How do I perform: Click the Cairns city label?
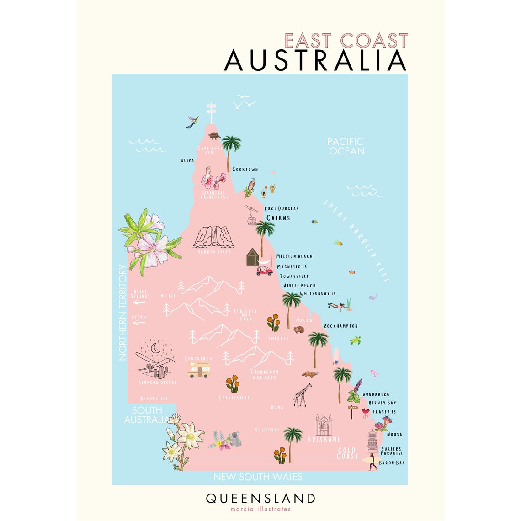click(278, 218)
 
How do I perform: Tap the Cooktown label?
click(245, 170)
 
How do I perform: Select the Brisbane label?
click(324, 440)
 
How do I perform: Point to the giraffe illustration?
click(302, 394)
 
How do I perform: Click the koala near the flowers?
click(236, 439)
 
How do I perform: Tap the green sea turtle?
click(356, 340)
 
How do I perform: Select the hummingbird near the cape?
click(193, 122)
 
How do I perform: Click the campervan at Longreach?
click(199, 370)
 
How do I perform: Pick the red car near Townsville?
click(264, 270)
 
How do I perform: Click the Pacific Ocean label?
click(346, 146)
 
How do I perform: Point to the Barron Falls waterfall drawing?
click(213, 237)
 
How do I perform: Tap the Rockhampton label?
click(340, 326)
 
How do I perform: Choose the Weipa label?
click(187, 160)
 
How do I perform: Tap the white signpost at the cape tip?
click(211, 112)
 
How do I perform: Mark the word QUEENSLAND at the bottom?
click(260, 498)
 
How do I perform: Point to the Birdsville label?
click(154, 399)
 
